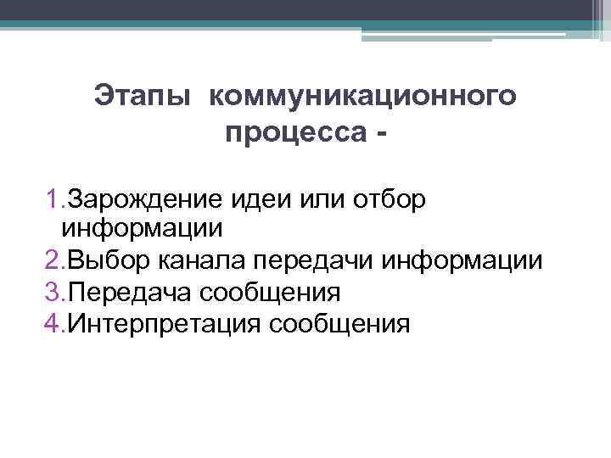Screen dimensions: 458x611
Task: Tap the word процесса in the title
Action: pyautogui.click(x=291, y=133)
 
